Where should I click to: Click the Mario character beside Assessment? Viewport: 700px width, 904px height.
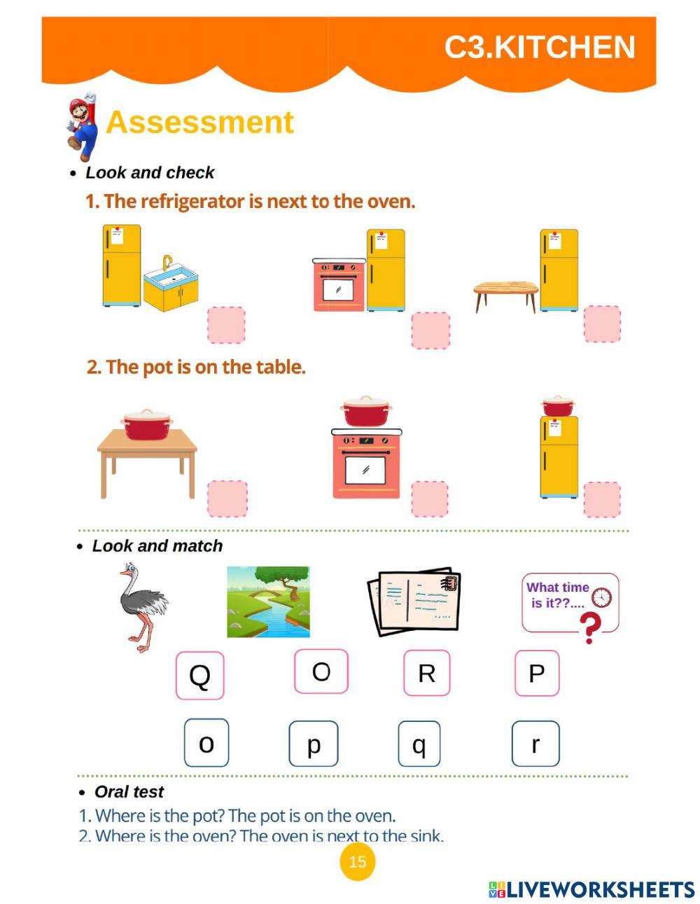point(83,127)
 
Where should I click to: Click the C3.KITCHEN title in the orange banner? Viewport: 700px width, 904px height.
point(539,48)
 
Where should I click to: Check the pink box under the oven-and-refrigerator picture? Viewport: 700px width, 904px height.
point(430,330)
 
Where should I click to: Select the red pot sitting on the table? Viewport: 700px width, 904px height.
point(147,425)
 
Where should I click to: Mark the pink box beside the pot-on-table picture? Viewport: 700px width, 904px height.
point(227,499)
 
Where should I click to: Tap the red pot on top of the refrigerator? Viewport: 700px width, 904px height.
point(557,405)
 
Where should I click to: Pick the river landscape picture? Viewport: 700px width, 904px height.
point(268,601)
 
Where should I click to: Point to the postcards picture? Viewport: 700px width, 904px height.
point(414,601)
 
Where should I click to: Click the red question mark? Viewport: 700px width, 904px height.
point(591,627)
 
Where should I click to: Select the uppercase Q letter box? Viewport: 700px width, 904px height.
point(199,675)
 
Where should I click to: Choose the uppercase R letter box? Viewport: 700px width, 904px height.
point(426,673)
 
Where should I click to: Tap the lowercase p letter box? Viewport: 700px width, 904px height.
point(314,744)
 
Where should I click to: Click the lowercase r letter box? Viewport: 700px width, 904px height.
point(535,744)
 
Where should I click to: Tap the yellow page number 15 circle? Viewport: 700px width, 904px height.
point(357,861)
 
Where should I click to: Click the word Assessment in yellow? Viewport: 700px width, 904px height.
point(199,122)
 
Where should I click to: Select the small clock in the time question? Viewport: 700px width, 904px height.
point(601,597)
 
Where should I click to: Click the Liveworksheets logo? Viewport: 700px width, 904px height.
point(591,889)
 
